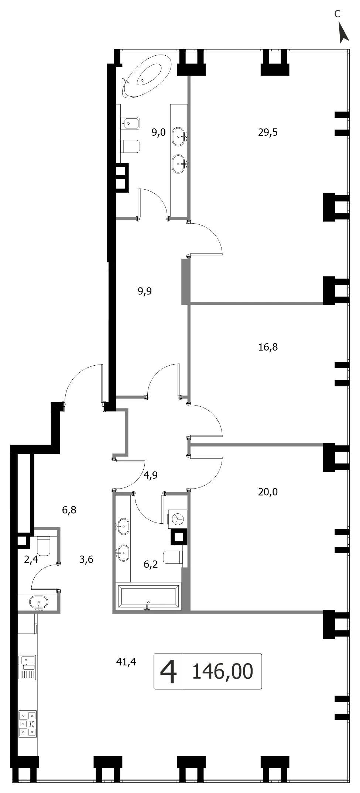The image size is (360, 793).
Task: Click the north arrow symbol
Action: coord(343,32)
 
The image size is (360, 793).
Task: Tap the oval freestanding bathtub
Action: coord(147,76)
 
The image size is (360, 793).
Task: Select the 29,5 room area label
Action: coord(268,132)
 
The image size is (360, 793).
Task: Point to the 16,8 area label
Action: coord(268,347)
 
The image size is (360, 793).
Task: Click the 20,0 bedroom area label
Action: coord(268,492)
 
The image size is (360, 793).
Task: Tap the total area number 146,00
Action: coord(223,671)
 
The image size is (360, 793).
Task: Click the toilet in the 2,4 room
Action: coord(43,546)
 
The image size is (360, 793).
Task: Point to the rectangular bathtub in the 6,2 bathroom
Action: coord(147,596)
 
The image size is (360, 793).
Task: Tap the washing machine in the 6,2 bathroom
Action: coord(178,519)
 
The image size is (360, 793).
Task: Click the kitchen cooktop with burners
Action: coord(28,724)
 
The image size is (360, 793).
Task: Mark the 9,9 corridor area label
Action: coord(144,291)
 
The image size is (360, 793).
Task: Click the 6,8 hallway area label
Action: coord(69,510)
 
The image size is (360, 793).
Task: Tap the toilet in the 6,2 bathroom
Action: coord(173,557)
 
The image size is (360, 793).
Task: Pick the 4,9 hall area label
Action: coord(150,475)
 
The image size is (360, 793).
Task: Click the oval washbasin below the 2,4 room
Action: coord(39,602)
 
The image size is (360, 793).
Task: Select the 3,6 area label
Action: coord(86,559)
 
